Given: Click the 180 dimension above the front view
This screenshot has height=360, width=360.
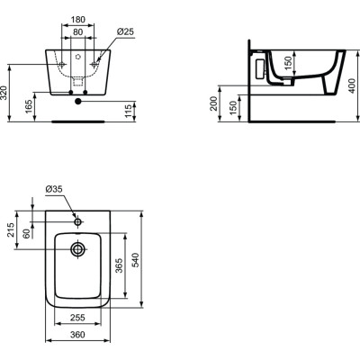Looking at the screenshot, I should tap(78, 19).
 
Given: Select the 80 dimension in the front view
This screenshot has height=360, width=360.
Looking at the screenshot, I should tap(78, 33).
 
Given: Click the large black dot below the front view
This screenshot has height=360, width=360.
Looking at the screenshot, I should tap(79, 101).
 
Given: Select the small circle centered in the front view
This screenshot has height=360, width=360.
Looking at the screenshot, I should tap(78, 62).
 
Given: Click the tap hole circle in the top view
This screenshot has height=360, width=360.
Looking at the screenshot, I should tap(78, 220).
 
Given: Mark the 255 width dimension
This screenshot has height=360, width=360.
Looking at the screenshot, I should tap(78, 318).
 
